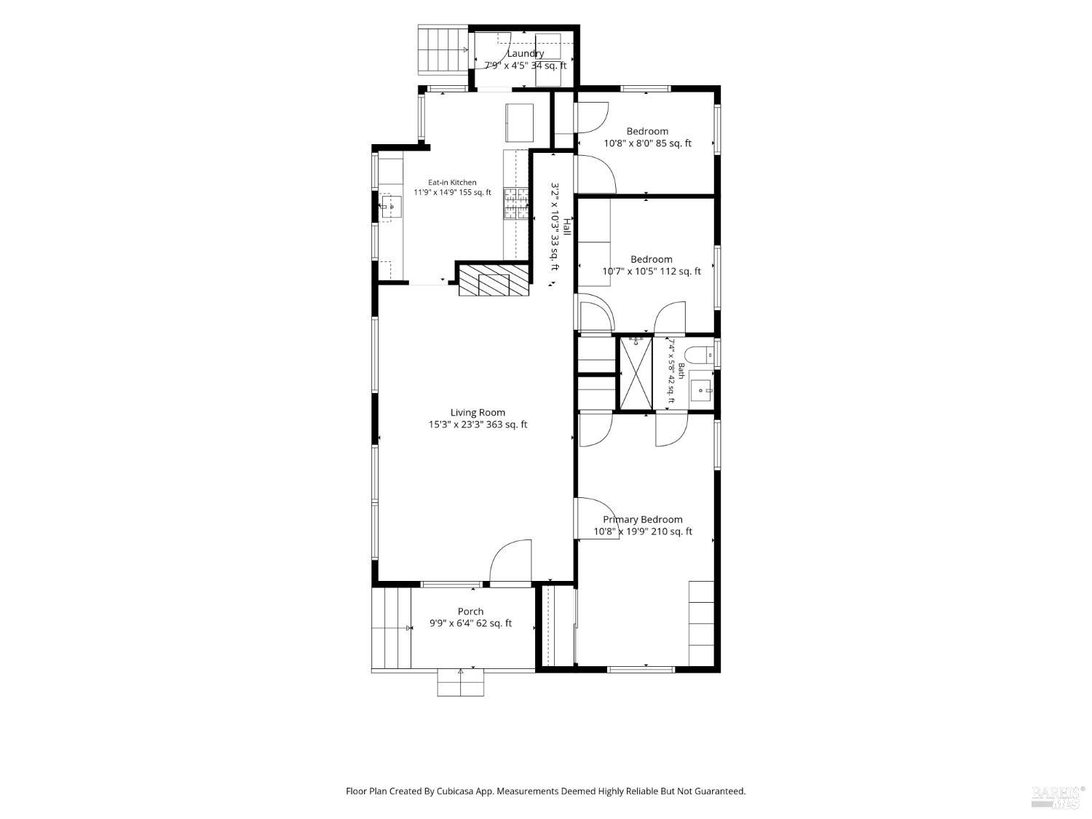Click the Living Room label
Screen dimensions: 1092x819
click(478, 412)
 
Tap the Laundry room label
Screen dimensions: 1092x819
click(526, 53)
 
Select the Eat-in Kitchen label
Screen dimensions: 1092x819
click(452, 183)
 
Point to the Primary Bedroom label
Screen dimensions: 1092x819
click(642, 519)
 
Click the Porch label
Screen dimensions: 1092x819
click(470, 611)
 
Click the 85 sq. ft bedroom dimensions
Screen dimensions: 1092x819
click(647, 143)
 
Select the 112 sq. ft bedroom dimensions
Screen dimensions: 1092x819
click(652, 271)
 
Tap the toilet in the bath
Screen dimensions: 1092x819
click(699, 355)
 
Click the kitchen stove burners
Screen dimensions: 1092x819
click(515, 203)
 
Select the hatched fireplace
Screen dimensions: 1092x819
click(493, 280)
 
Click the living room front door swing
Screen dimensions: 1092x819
click(510, 560)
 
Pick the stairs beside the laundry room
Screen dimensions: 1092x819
click(443, 50)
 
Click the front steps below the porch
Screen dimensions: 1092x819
click(460, 683)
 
